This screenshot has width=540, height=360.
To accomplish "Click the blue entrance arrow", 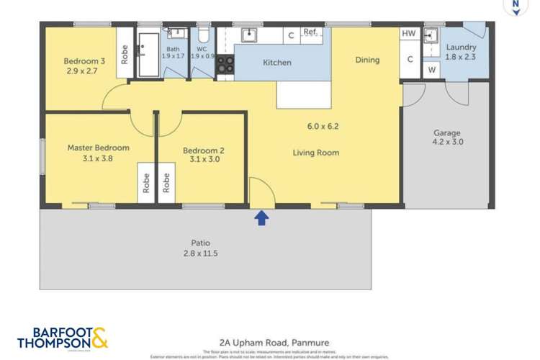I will click(262, 217).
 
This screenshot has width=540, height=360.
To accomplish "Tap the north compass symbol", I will click(514, 6).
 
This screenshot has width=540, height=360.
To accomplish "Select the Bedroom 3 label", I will click(84, 61).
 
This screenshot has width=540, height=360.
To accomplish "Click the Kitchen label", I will click(276, 63).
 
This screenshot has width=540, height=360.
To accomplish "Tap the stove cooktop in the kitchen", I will click(225, 65).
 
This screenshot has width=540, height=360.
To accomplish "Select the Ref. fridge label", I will click(310, 32).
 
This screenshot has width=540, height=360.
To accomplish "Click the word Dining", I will click(367, 60).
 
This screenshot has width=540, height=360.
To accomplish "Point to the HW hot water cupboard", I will click(409, 34).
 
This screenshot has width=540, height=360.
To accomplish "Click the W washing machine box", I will click(431, 70).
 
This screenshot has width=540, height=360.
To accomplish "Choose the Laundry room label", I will click(461, 47).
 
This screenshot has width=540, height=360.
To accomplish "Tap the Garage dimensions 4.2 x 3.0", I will click(447, 143).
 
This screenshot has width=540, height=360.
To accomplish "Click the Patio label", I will click(200, 243).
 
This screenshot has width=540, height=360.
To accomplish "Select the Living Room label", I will click(315, 153).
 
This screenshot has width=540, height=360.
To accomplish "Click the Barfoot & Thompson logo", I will click(63, 338).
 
